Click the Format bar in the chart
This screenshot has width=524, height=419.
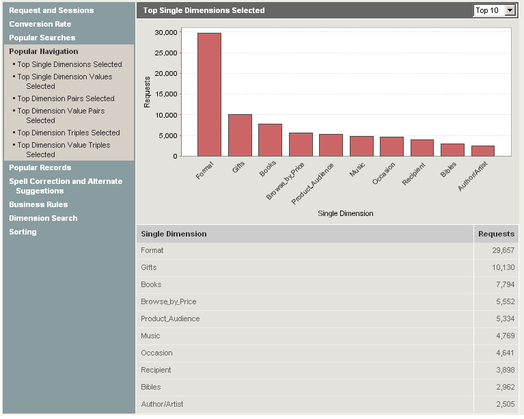pyautogui.click(x=209, y=94)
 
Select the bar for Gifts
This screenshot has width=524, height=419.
pyautogui.click(x=240, y=135)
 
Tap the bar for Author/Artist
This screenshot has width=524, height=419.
pyautogui.click(x=482, y=151)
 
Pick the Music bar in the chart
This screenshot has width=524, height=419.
pyautogui.click(x=361, y=146)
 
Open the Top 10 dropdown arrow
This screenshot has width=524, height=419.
pyautogui.click(x=509, y=10)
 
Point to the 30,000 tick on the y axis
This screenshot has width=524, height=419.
pyautogui.click(x=166, y=32)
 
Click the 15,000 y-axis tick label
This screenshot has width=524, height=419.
pyautogui.click(x=166, y=94)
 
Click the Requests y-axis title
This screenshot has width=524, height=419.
pyautogui.click(x=147, y=94)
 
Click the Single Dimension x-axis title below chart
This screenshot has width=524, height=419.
pyautogui.click(x=345, y=213)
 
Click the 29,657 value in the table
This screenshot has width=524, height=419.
pyautogui.click(x=503, y=251)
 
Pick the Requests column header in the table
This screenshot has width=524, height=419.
pyautogui.click(x=496, y=234)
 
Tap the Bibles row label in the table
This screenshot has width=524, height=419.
pyautogui.click(x=152, y=388)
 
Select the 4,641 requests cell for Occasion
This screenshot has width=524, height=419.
pyautogui.click(x=503, y=353)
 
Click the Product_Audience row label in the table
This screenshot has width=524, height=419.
pyautogui.click(x=170, y=319)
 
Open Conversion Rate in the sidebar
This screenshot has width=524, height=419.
pyautogui.click(x=40, y=24)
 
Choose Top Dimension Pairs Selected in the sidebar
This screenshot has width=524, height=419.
pyautogui.click(x=66, y=98)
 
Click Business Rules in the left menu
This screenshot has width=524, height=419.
pyautogui.click(x=38, y=204)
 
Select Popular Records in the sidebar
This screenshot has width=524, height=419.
pyautogui.click(x=40, y=167)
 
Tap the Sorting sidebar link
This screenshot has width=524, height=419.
pyautogui.click(x=23, y=232)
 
